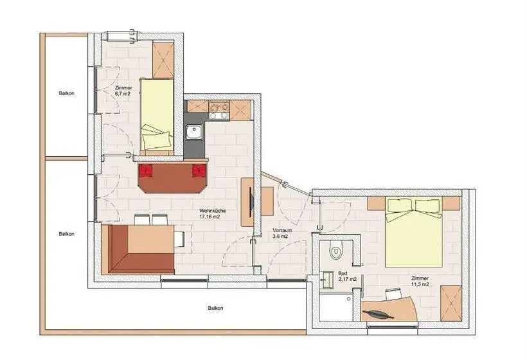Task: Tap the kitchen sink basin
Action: pos(195,131)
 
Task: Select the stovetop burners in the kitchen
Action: pos(219,111)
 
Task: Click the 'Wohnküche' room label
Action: pos(213,211)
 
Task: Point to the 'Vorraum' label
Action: pos(282,231)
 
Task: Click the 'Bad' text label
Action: pos(343,274)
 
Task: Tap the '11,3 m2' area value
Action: pos(420,284)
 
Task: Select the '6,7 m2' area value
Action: pos(122,94)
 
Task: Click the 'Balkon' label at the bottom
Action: pos(215,308)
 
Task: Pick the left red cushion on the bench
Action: pos(146,170)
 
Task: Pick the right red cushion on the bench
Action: pos(199,170)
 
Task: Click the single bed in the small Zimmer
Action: pos(157,114)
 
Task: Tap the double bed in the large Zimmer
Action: pos(414,232)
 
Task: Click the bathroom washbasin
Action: pos(327,280)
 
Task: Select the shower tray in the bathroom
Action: pos(335,307)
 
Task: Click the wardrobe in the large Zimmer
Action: pos(451,303)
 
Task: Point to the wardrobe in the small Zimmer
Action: pos(163,60)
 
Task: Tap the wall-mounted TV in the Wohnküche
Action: pos(251,203)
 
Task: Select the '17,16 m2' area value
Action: pos(210,217)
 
